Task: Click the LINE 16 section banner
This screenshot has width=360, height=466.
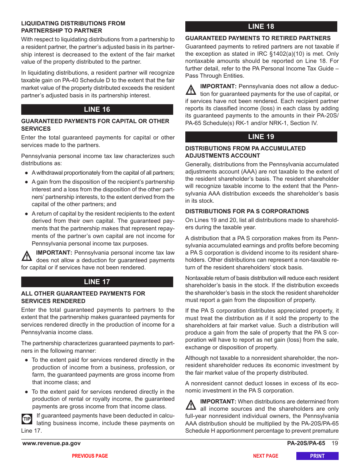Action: (x=97, y=109)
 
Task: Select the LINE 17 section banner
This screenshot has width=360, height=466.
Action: (x=97, y=282)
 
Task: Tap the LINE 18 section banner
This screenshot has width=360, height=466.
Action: (x=261, y=27)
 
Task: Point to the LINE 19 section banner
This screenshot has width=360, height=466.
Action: (x=261, y=137)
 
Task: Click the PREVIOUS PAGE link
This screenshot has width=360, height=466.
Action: (x=90, y=456)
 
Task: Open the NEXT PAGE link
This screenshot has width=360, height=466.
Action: (x=266, y=456)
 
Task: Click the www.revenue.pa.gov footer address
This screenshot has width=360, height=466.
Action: (x=52, y=444)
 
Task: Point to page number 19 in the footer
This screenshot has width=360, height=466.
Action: (x=335, y=444)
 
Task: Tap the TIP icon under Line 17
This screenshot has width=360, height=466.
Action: (x=27, y=419)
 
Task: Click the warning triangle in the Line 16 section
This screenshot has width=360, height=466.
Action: (x=27, y=256)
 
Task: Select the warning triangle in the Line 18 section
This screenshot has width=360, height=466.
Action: (x=191, y=90)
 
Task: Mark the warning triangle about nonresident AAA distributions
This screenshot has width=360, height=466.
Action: (x=191, y=405)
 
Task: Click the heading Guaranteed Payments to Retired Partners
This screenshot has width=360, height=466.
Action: (x=258, y=38)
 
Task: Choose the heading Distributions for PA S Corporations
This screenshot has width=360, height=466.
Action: (x=247, y=211)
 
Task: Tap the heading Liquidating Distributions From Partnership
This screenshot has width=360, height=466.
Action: (x=73, y=27)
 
